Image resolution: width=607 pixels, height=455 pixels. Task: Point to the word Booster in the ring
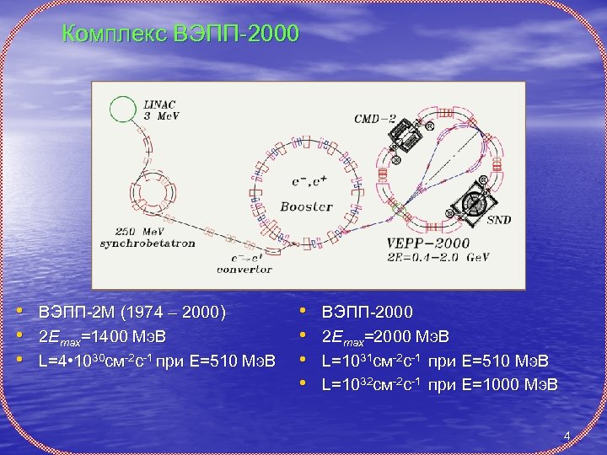[306, 206]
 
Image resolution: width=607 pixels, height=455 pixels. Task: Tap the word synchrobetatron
[148, 243]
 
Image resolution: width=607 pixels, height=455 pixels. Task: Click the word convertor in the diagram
[244, 270]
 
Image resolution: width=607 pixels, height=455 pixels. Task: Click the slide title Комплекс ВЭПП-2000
[181, 35]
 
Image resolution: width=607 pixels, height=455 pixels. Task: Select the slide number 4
[567, 436]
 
